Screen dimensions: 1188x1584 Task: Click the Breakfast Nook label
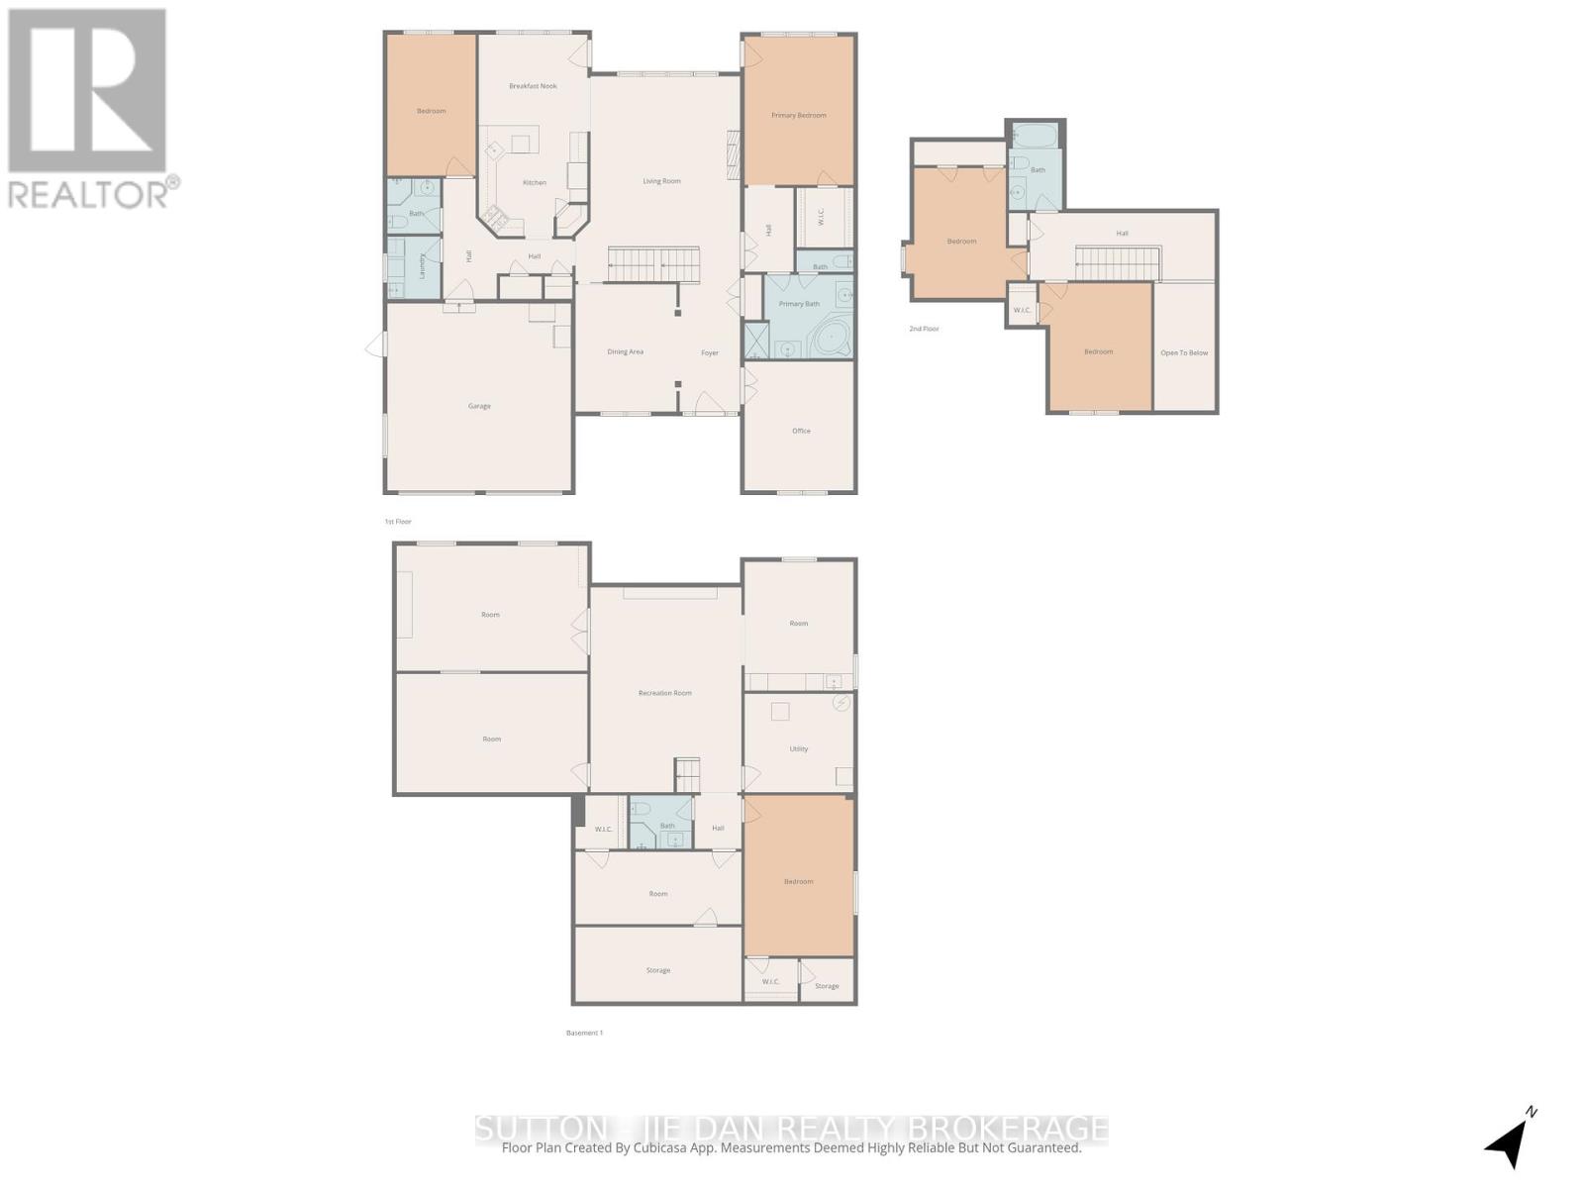click(533, 86)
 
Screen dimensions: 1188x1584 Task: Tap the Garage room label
click(479, 406)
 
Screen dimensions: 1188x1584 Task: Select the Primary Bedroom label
click(798, 116)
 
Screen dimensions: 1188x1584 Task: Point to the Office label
click(801, 431)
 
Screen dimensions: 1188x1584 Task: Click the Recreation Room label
click(664, 693)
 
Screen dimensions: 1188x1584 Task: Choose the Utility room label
click(798, 749)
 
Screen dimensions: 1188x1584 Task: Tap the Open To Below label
click(1184, 352)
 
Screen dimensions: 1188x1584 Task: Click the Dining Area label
click(625, 351)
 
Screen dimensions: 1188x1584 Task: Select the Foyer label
click(710, 352)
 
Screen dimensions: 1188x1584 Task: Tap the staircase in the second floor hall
click(1117, 263)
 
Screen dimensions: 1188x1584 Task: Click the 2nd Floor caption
click(924, 329)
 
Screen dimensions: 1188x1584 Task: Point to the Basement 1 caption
click(584, 1033)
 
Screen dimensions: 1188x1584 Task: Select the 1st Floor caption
click(398, 521)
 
